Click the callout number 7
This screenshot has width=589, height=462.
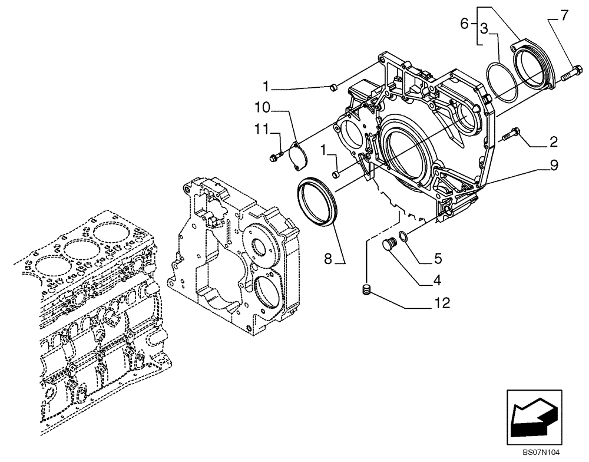tap(564, 15)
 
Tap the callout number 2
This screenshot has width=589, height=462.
tap(554, 141)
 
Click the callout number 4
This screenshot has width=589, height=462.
tap(436, 280)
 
